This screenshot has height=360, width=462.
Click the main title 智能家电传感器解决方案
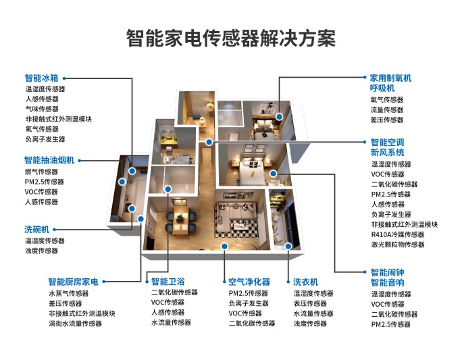pyautogui.click(x=231, y=37)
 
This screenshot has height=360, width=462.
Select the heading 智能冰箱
pyautogui.click(x=42, y=78)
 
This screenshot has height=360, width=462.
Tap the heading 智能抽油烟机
pyautogui.click(x=49, y=160)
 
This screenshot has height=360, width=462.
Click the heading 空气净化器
pyautogui.click(x=249, y=282)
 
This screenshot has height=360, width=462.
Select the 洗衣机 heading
pyautogui.click(x=305, y=282)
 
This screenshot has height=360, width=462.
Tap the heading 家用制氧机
pyautogui.click(x=390, y=78)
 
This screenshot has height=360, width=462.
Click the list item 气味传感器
pyautogui.click(x=42, y=109)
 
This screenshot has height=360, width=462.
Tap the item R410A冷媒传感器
pyautogui.click(x=398, y=234)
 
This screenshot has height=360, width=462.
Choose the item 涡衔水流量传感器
pyautogui.click(x=75, y=324)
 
